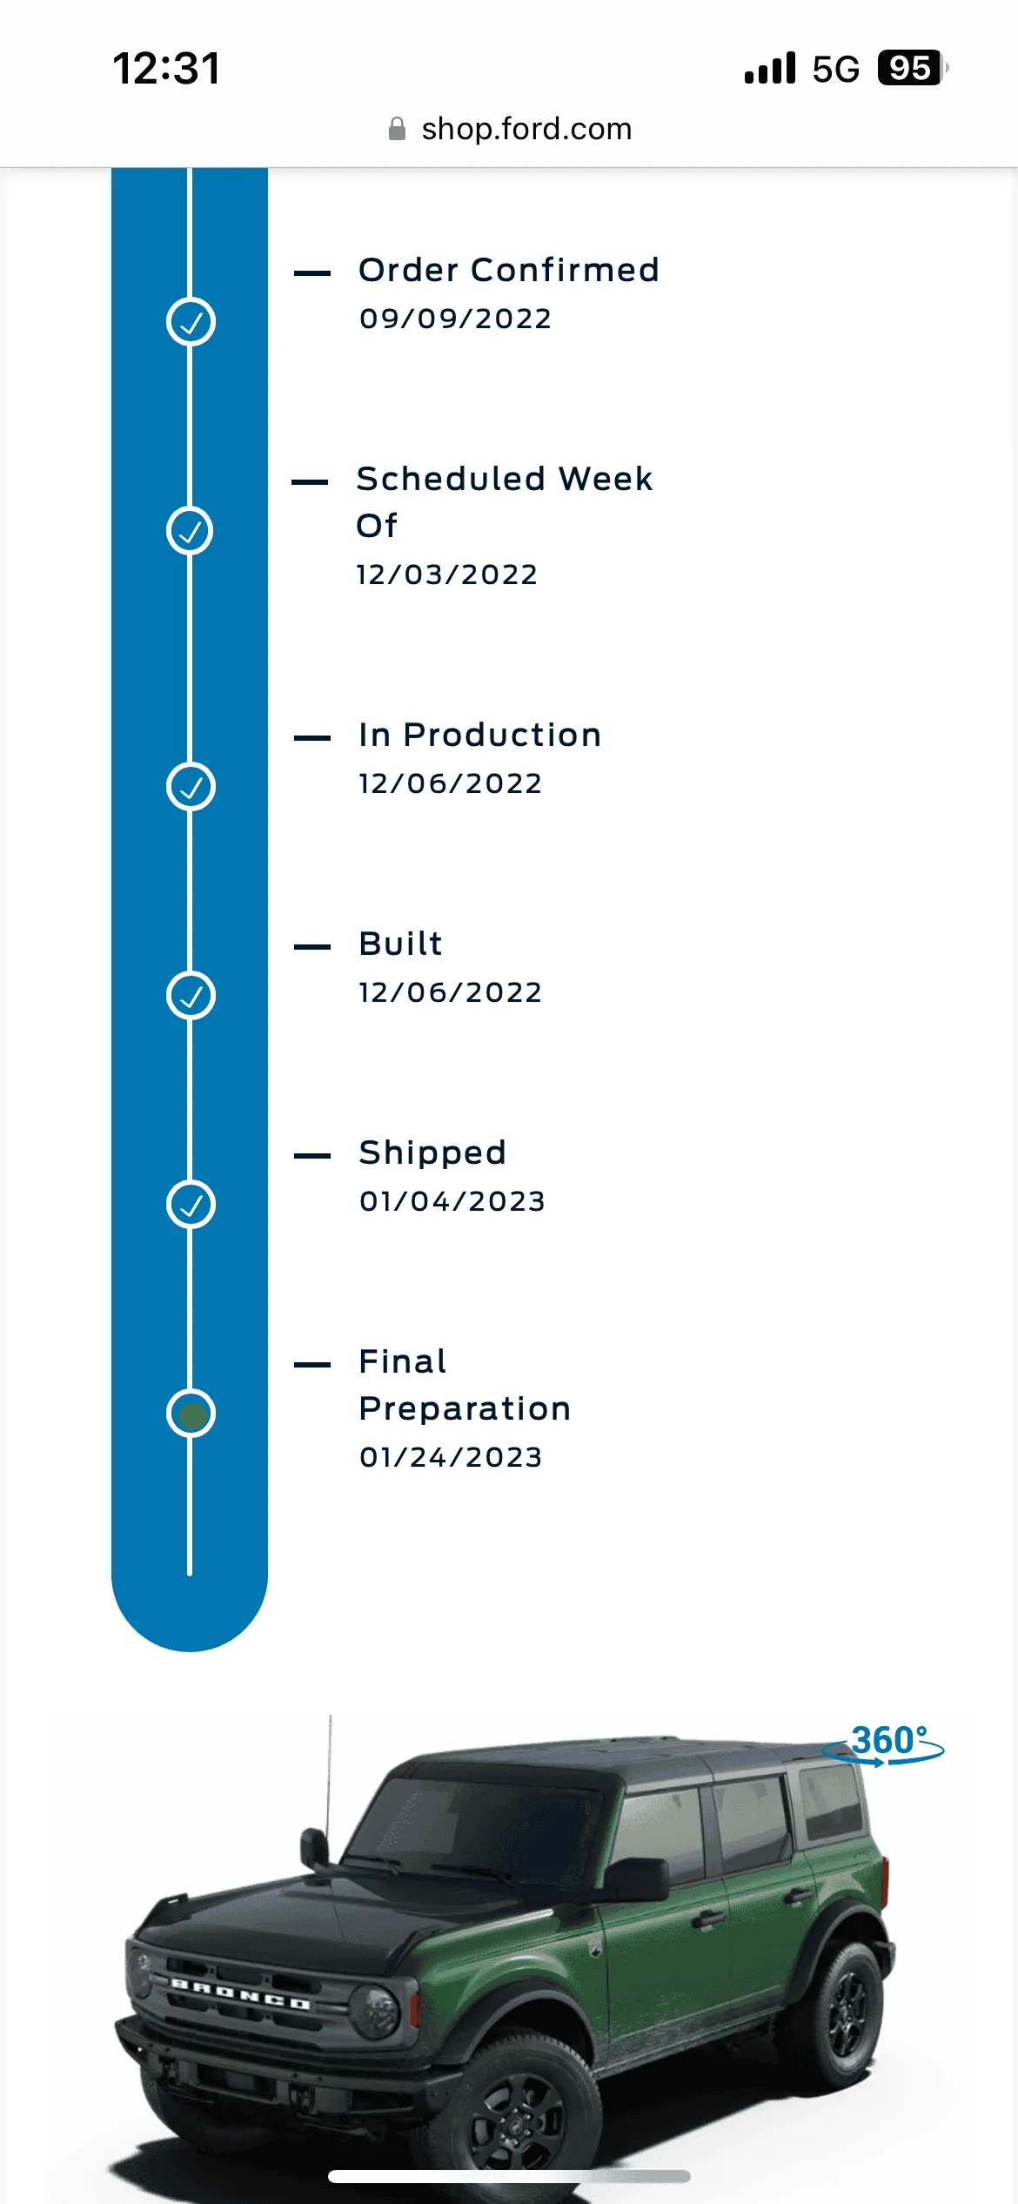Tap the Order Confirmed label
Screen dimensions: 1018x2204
coord(509,270)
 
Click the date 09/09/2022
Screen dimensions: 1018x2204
coord(456,319)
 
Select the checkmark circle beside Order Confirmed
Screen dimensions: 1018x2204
coord(191,322)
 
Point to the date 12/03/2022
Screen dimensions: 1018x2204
coord(447,575)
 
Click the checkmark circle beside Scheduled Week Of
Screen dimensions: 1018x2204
coord(191,531)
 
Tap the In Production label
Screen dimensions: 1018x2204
coord(480,735)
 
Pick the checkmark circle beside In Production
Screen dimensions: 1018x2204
coord(191,787)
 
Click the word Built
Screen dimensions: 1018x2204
coord(401,944)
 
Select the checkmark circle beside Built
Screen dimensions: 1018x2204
coord(191,996)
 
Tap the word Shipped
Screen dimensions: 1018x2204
coord(432,1153)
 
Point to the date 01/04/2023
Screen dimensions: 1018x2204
coord(452,1201)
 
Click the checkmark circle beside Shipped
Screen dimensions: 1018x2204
coord(191,1205)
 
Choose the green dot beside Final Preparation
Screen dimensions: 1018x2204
coord(191,1414)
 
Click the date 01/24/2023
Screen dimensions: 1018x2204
coord(451,1457)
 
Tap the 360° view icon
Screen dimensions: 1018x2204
coord(884,1744)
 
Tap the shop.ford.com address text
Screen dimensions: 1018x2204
coord(526,129)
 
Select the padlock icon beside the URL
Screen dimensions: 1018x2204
coord(397,129)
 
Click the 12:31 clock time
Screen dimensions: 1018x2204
coord(167,68)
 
